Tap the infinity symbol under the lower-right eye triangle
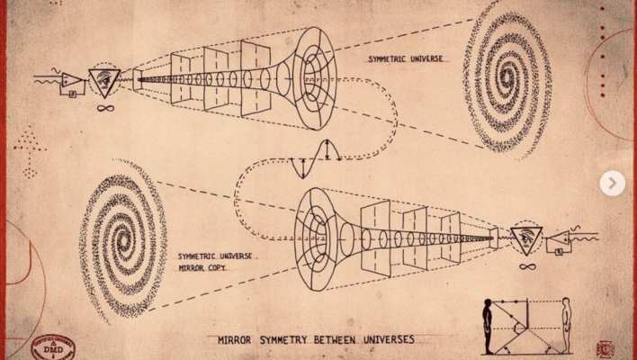527,266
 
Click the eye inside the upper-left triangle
106,81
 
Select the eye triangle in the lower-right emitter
526,238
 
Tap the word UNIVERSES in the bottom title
383,339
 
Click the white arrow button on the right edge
612,184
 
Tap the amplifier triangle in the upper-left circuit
72,82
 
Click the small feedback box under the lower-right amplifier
559,251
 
